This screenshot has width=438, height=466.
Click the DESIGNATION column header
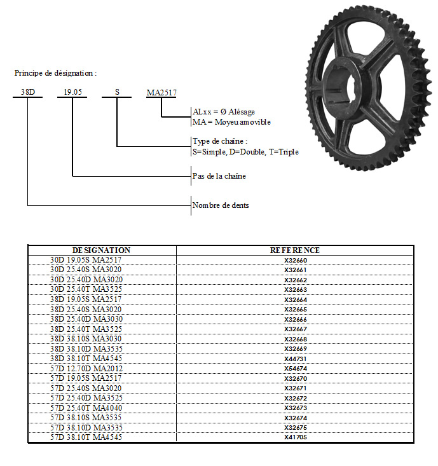(x=101, y=250)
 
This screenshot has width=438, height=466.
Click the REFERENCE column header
(x=295, y=250)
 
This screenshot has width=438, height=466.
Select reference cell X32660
(x=296, y=261)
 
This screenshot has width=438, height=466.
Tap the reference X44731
(x=296, y=359)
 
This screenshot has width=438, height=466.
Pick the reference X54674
(x=296, y=369)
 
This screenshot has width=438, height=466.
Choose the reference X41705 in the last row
(x=296, y=437)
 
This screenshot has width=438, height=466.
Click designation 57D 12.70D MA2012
(x=86, y=369)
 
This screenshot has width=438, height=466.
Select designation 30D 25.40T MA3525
(x=86, y=289)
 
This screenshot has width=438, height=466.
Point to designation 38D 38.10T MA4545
(x=86, y=359)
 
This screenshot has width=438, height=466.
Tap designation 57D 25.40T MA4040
(x=86, y=408)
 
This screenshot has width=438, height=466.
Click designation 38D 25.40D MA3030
(x=86, y=319)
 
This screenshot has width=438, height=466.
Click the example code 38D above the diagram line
(x=27, y=92)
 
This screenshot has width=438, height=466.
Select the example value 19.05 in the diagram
(x=73, y=92)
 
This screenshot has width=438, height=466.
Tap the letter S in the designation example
(x=117, y=92)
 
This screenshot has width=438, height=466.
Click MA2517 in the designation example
(x=161, y=93)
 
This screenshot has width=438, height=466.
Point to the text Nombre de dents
(x=221, y=205)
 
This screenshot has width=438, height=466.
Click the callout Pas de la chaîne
(x=219, y=176)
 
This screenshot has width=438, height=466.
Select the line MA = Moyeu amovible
(x=231, y=122)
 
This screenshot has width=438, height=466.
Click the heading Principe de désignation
(x=55, y=73)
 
